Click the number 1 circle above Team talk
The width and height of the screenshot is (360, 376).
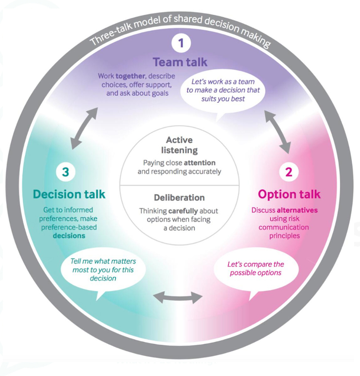[x=181, y=43]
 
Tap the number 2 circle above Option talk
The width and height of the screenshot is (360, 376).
[x=289, y=172]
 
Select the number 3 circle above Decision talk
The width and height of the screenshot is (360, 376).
[x=65, y=172]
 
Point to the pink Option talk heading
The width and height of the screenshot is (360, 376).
[x=289, y=193]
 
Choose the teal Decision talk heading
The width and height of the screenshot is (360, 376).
[x=69, y=194]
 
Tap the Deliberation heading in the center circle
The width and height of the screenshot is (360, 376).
[x=179, y=197]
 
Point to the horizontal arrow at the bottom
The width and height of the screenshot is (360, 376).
[x=178, y=298]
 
